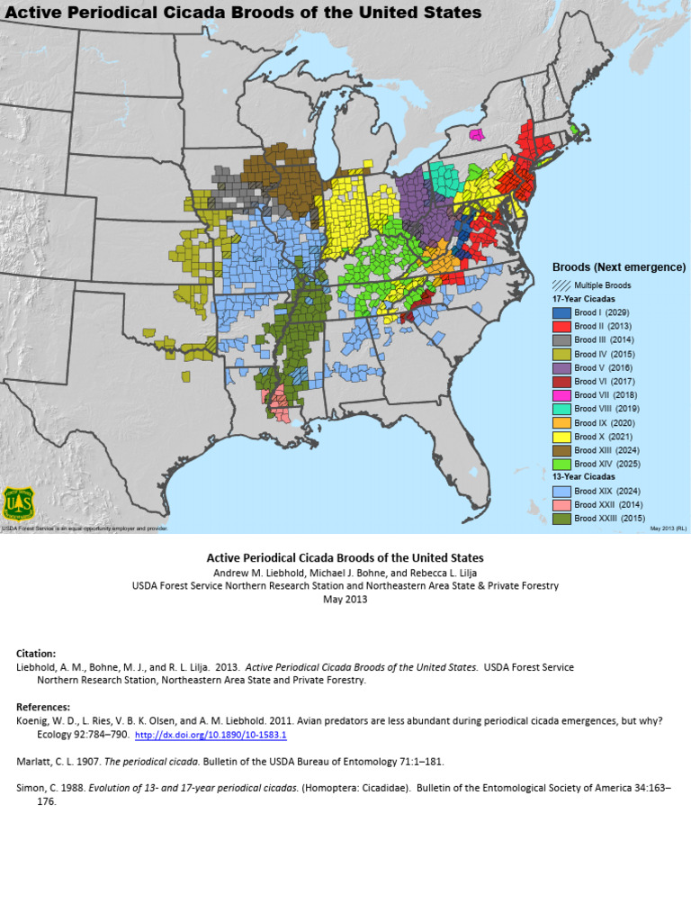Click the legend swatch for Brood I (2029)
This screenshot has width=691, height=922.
(561, 312)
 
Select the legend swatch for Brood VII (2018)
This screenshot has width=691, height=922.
(561, 394)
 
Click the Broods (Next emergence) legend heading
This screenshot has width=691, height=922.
(618, 267)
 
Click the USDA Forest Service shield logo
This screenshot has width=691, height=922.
(18, 504)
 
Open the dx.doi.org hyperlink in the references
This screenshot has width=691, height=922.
(211, 736)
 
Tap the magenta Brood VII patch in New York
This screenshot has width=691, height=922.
(477, 134)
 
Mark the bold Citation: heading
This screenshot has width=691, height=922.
(37, 652)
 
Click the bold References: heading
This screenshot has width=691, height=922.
(43, 707)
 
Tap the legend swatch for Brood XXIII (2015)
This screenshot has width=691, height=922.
(561, 519)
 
